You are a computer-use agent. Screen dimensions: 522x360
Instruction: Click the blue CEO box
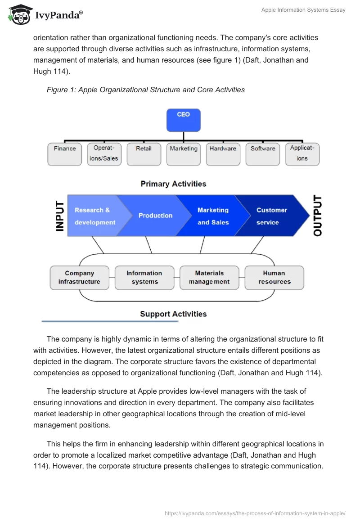(183, 120)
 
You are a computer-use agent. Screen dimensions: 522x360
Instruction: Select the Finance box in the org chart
(65, 154)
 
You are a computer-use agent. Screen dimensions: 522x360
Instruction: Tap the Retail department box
(144, 154)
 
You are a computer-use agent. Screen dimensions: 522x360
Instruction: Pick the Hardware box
(223, 154)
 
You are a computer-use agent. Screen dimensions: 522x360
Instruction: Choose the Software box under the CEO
(262, 154)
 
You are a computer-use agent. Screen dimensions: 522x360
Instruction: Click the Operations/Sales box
(104, 154)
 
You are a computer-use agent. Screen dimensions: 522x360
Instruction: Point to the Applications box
(302, 154)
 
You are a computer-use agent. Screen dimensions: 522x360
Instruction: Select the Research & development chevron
(93, 216)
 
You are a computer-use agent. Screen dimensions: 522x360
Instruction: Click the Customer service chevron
(270, 216)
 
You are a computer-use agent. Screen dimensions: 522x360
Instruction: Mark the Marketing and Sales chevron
(213, 216)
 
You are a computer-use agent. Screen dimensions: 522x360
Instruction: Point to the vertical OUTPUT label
(317, 216)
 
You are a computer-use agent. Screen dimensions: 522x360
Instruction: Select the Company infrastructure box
(79, 277)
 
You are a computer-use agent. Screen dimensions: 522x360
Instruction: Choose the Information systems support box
(144, 277)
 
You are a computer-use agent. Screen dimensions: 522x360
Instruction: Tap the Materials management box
(209, 277)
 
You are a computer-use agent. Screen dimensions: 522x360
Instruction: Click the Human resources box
(274, 277)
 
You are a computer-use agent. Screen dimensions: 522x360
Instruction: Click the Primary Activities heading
(173, 184)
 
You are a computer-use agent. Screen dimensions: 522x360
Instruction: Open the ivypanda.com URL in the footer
(255, 513)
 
